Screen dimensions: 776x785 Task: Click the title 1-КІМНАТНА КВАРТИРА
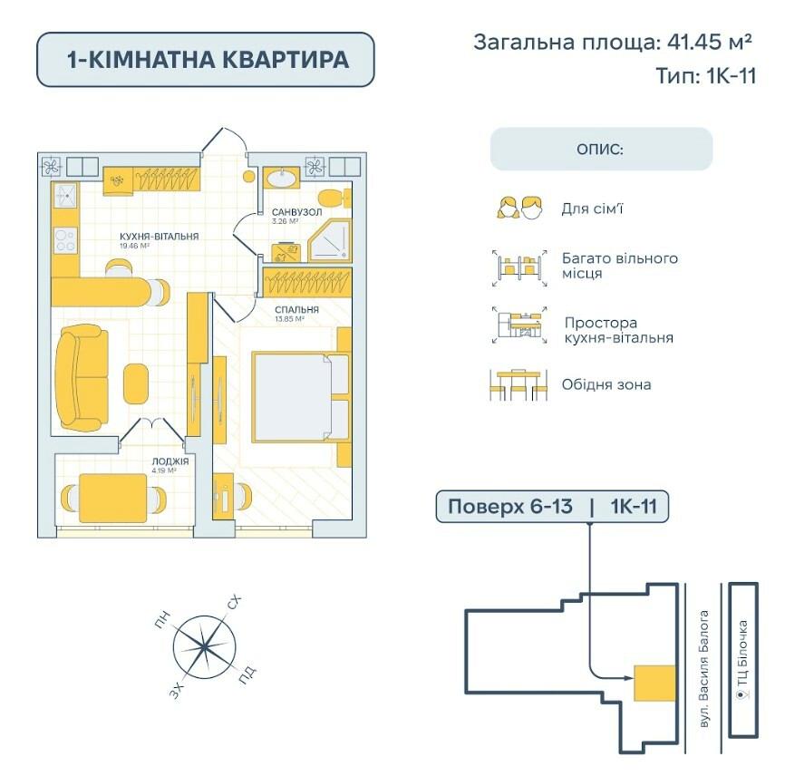coord(205,60)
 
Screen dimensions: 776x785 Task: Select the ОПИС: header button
coord(601,149)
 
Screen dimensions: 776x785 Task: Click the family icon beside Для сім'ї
coord(518,208)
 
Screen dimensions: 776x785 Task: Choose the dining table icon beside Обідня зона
coord(518,384)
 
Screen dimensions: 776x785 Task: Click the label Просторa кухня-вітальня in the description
coord(618,330)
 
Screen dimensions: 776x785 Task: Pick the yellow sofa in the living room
coord(82,379)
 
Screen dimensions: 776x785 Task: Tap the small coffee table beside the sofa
coord(136,383)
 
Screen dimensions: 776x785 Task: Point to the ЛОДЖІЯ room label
coord(170,461)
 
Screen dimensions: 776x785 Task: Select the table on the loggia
coord(113,498)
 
